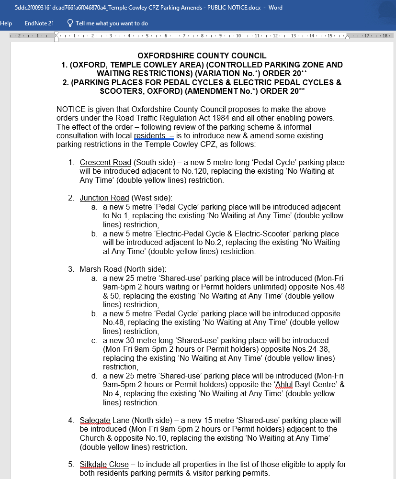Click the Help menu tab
[x=6, y=23]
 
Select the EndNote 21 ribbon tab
[x=39, y=23]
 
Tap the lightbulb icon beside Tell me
[x=70, y=23]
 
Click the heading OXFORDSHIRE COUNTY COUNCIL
[x=202, y=56]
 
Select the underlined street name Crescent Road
[x=105, y=163]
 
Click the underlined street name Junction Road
[x=104, y=198]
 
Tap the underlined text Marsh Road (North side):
[x=123, y=269]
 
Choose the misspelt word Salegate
[x=95, y=421]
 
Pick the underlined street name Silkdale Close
[x=104, y=465]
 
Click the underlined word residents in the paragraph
[x=149, y=136]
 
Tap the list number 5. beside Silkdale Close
[x=71, y=465]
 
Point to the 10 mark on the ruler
[x=238, y=36]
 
